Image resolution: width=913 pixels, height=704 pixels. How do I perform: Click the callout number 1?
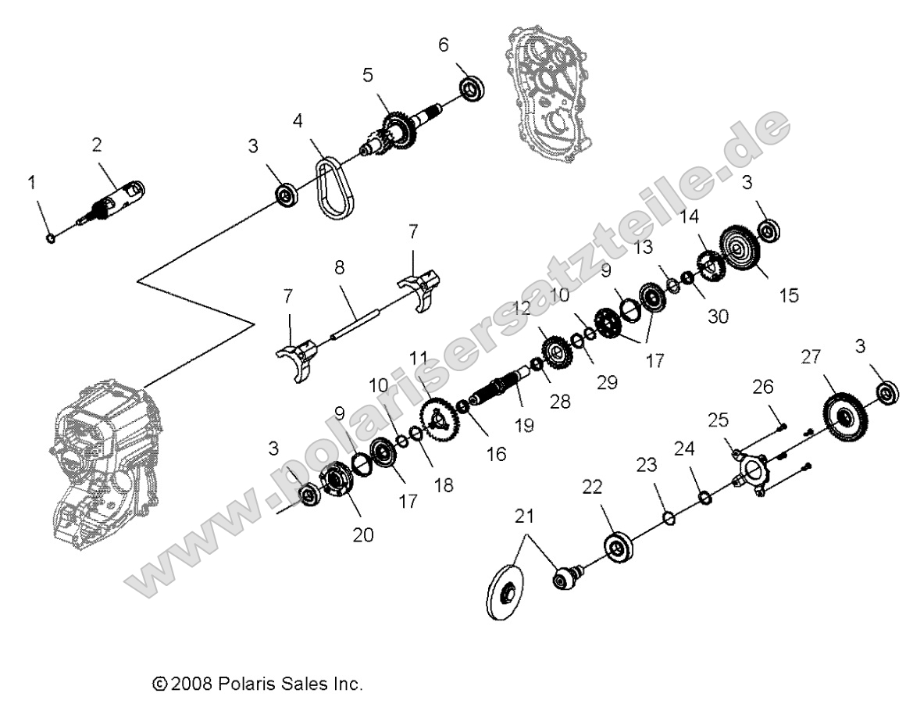[32, 183]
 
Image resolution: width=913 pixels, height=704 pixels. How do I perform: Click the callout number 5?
[368, 75]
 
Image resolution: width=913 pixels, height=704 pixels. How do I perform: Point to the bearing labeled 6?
[472, 89]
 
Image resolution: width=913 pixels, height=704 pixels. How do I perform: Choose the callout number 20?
[364, 534]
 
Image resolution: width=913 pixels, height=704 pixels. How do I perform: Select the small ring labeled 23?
[669, 517]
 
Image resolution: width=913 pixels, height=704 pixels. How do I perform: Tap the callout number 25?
[718, 420]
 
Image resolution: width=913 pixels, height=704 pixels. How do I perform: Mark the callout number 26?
[765, 386]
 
